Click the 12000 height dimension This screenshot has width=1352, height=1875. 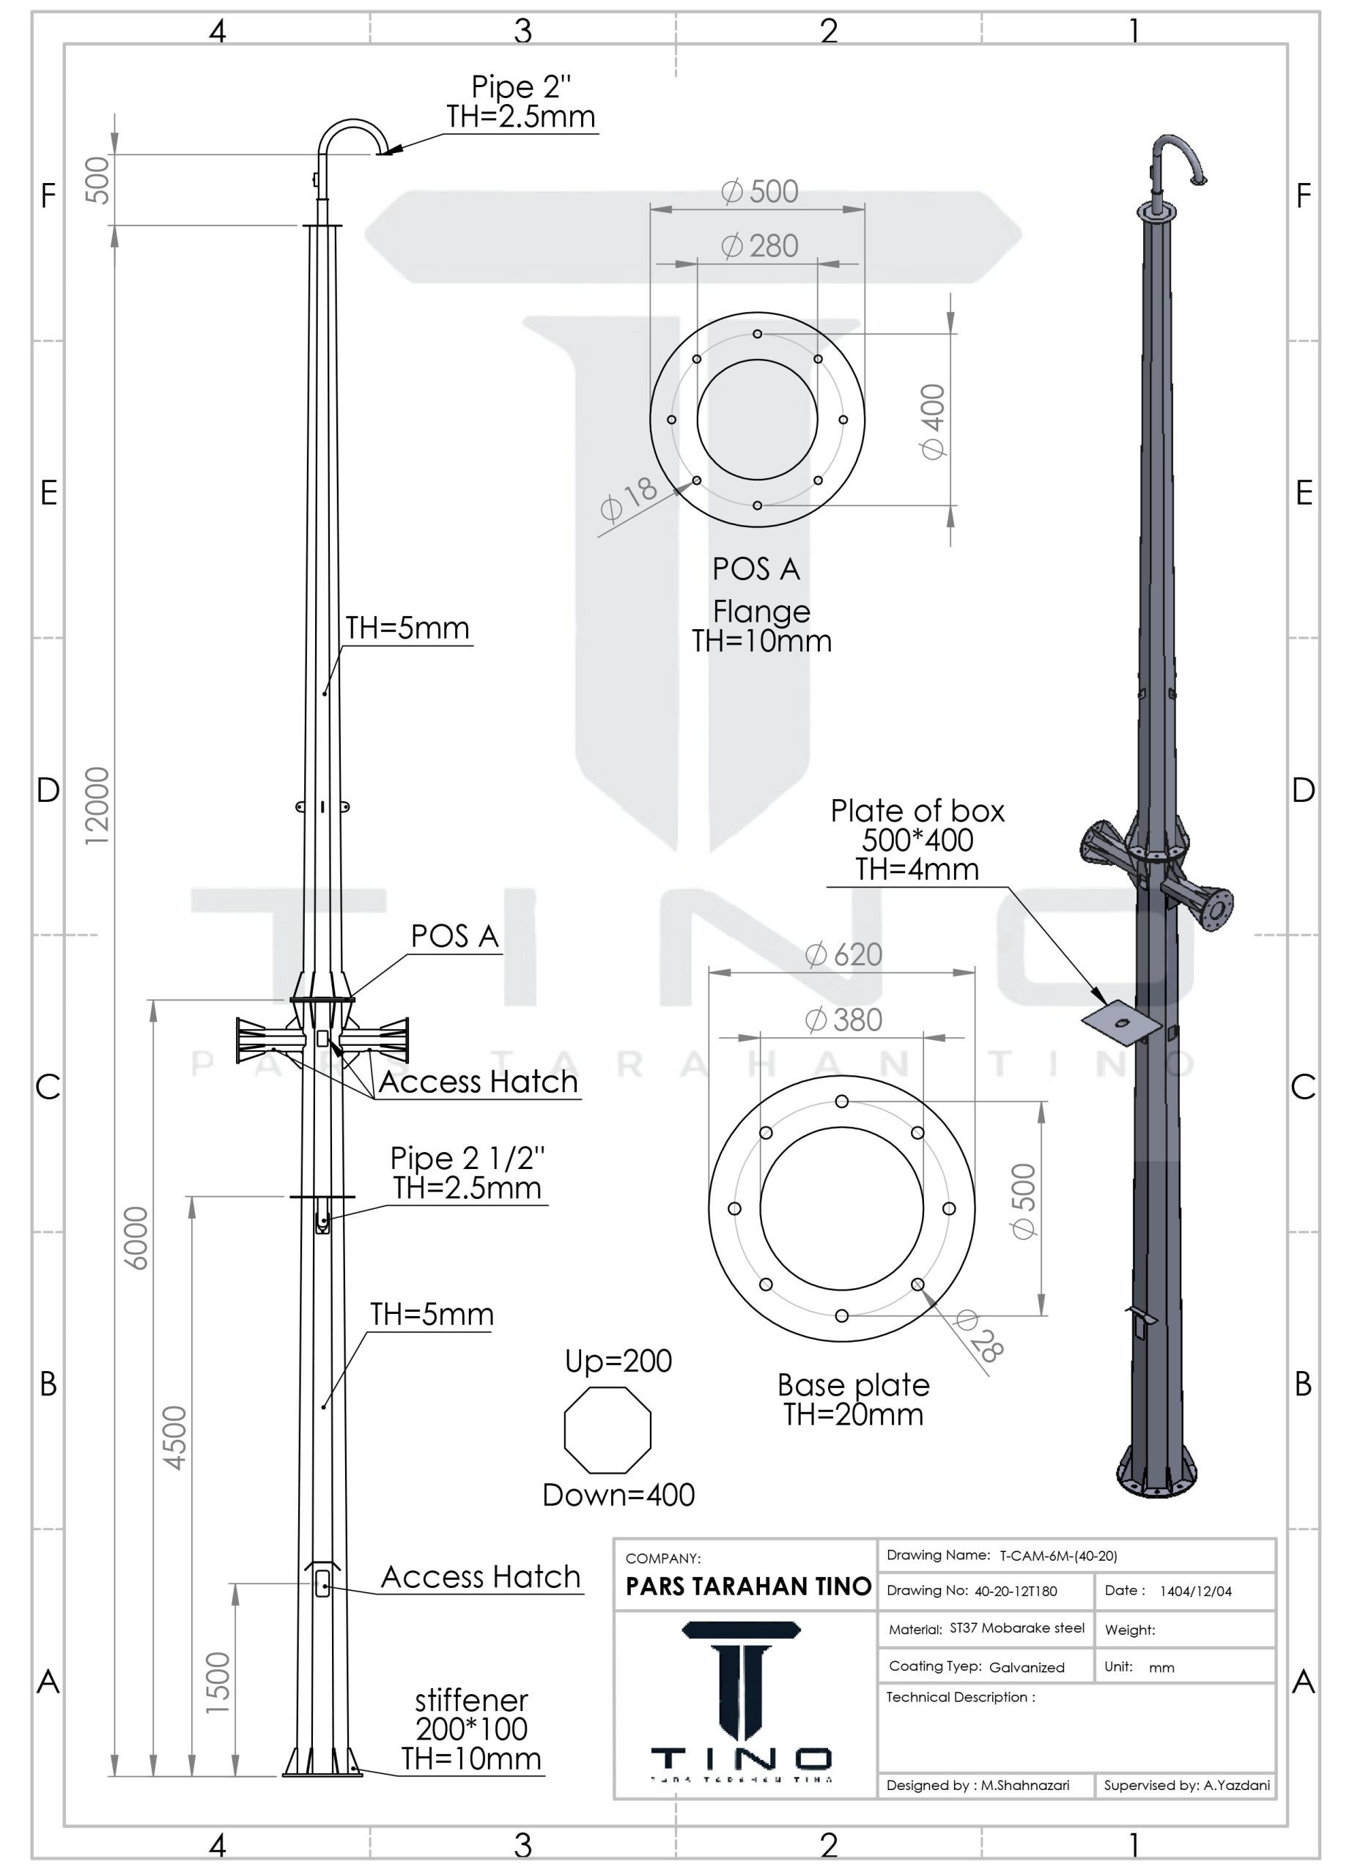pyautogui.click(x=97, y=805)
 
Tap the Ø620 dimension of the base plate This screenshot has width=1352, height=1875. pyautogui.click(x=843, y=955)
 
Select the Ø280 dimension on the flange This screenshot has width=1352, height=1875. pyautogui.click(x=759, y=246)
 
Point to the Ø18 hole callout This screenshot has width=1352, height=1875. pyautogui.click(x=629, y=499)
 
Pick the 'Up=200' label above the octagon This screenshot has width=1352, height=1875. pyautogui.click(x=618, y=1361)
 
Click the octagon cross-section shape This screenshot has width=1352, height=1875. pyautogui.click(x=607, y=1430)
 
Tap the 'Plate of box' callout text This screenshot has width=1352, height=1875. pyautogui.click(x=918, y=811)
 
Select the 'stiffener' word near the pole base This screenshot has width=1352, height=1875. pyautogui.click(x=471, y=1700)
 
